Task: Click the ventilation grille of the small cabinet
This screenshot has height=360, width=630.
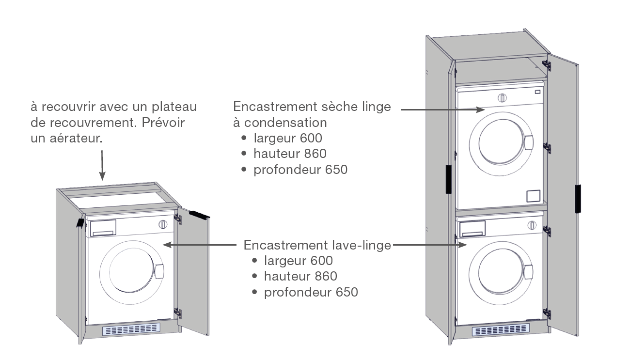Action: coord(131,330)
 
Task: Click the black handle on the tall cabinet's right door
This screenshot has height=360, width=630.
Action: coord(578,198)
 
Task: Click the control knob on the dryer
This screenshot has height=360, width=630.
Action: coord(502,98)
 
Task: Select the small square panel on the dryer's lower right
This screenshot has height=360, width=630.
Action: coord(532,196)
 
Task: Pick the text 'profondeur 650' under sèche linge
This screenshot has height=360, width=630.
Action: coord(300,170)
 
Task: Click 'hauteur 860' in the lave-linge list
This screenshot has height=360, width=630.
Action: coord(300,277)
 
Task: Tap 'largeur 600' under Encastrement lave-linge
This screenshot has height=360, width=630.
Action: coord(299,261)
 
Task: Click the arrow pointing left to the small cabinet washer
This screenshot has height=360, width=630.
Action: coord(204,245)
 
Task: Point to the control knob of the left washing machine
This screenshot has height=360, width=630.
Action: coord(163,224)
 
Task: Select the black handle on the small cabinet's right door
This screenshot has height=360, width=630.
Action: coord(199,215)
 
